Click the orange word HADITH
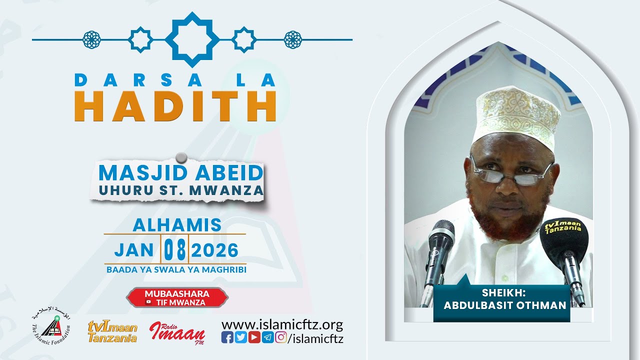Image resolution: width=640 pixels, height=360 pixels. point(175,106)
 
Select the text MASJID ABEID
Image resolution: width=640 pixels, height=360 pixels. point(180,173)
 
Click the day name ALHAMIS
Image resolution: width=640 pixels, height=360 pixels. point(177,225)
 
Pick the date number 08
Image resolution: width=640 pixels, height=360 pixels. point(174,249)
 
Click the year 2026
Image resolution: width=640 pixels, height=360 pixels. point(214,250)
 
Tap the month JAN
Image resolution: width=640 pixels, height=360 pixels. point(133,250)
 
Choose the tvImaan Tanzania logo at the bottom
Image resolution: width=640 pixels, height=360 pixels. point(112,331)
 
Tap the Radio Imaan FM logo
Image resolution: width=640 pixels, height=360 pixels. point(177,331)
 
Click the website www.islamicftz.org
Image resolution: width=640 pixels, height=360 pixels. point(282,324)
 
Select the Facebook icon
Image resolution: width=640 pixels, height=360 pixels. point(227,338)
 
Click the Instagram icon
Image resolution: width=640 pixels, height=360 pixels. point(281,338)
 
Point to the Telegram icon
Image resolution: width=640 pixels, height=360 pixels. point(267,338)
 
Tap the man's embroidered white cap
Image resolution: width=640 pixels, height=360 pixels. point(517,115)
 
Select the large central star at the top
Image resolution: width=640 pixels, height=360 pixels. point(192,39)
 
